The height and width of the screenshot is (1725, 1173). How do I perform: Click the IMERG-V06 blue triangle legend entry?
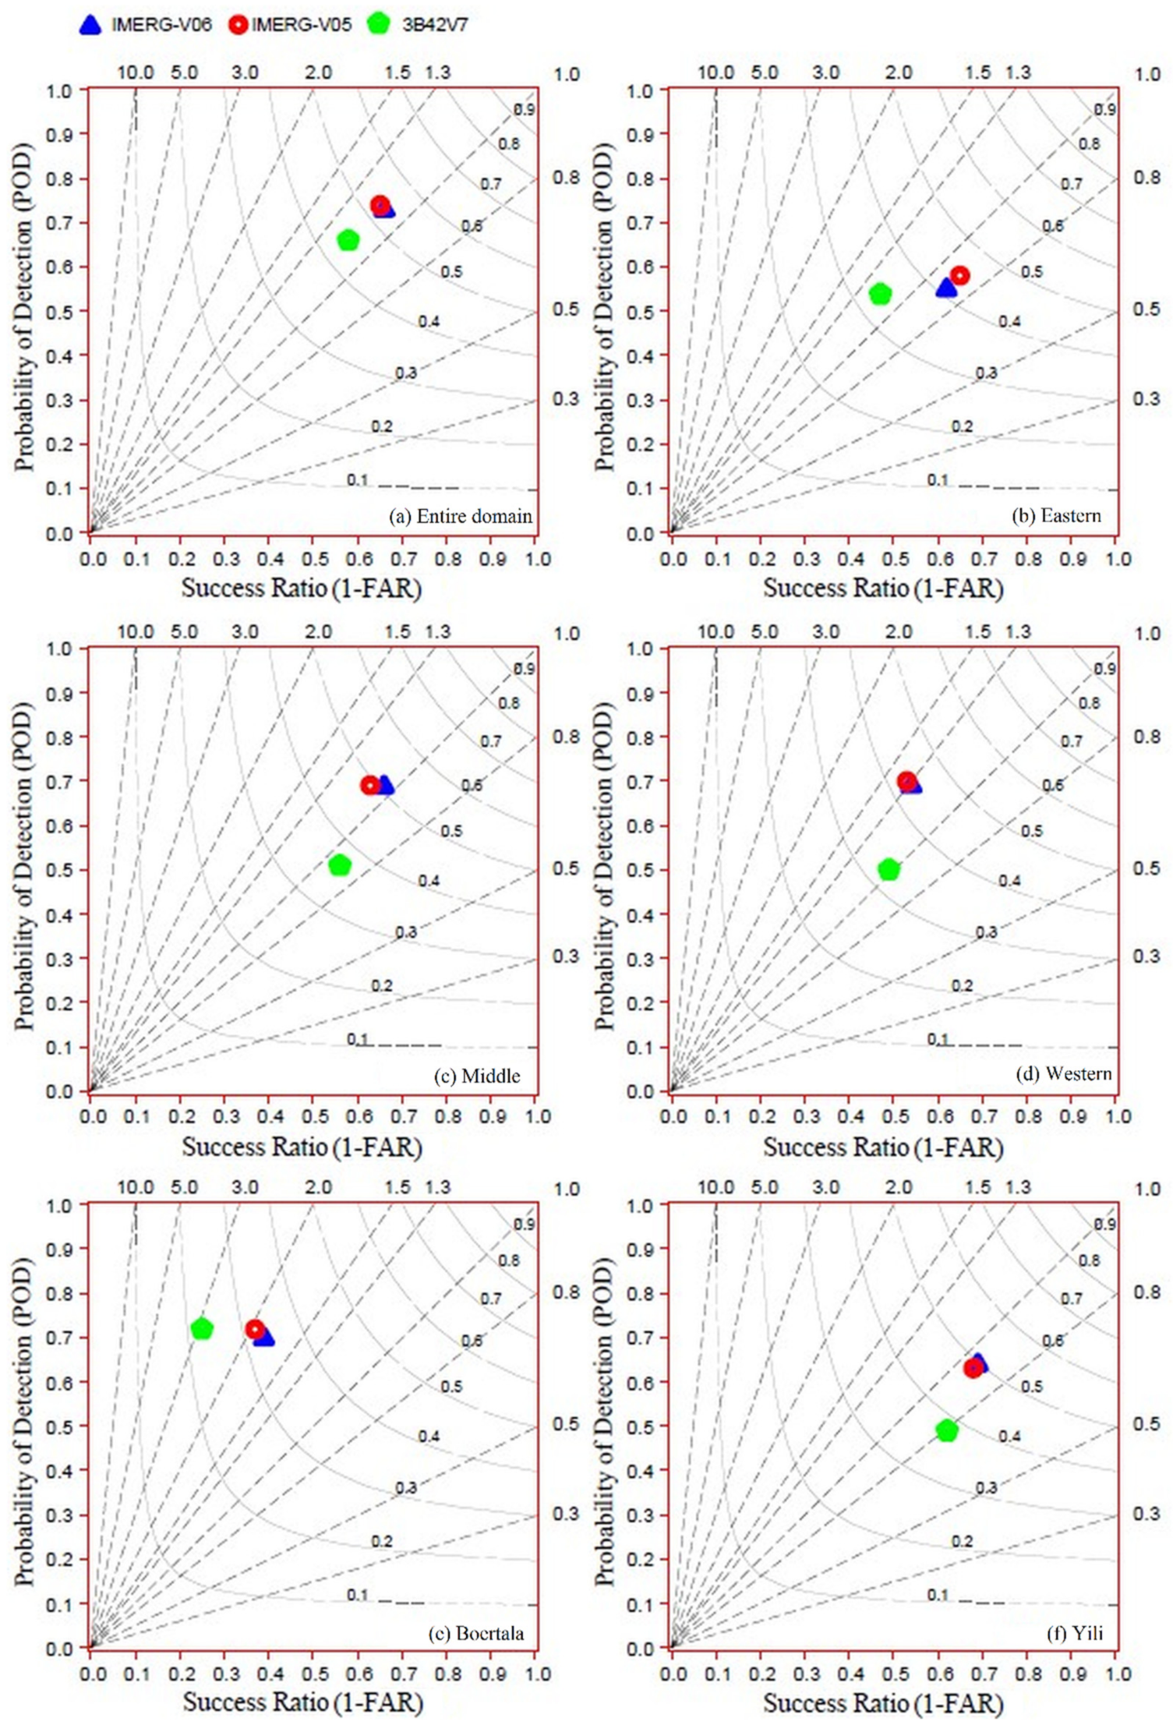pyautogui.click(x=91, y=25)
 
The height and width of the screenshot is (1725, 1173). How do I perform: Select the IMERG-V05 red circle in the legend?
pyautogui.click(x=238, y=25)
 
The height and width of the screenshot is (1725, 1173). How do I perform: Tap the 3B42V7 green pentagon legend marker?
pyautogui.click(x=378, y=24)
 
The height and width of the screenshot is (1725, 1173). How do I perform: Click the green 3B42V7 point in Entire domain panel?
pyautogui.click(x=348, y=240)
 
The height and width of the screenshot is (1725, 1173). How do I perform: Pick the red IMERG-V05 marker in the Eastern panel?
pyautogui.click(x=959, y=275)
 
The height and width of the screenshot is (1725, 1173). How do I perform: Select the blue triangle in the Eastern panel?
pyautogui.click(x=945, y=288)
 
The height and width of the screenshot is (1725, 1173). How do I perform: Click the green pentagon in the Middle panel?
pyautogui.click(x=340, y=865)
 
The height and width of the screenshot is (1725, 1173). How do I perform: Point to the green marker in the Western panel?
pyautogui.click(x=889, y=869)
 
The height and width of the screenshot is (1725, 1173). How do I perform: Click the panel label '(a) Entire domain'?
pyautogui.click(x=461, y=516)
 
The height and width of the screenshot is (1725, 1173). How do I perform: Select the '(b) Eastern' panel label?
pyautogui.click(x=1056, y=516)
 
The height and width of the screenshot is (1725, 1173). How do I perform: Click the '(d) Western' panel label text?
pyautogui.click(x=1064, y=1074)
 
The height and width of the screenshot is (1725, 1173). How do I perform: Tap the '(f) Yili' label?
pyautogui.click(x=1074, y=1633)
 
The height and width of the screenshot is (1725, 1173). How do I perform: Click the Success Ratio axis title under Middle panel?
pyautogui.click(x=302, y=1147)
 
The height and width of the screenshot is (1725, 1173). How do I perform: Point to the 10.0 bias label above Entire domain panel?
pyautogui.click(x=136, y=73)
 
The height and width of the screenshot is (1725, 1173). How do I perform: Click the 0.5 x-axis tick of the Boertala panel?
pyautogui.click(x=315, y=1674)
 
